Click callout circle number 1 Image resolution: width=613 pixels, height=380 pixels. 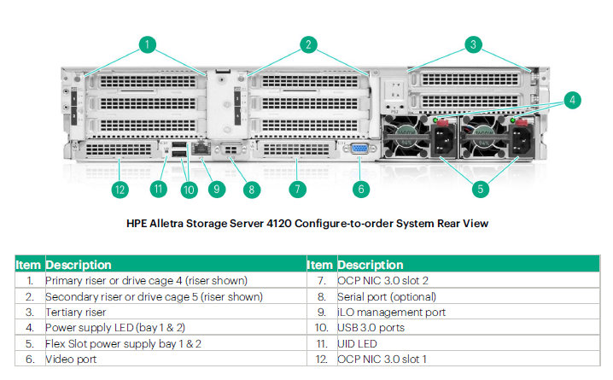148,44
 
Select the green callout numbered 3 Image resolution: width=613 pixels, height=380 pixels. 473,44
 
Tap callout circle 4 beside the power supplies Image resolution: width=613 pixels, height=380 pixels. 572,101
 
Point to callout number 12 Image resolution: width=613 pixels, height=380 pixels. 120,190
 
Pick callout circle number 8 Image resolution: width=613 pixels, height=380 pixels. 251,190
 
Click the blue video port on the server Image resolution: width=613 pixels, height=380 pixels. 359,149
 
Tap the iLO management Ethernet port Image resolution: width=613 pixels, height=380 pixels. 201,149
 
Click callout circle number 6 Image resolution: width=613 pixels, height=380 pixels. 361,190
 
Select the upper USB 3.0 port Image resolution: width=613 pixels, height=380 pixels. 178,145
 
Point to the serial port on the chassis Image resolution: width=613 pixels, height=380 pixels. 231,149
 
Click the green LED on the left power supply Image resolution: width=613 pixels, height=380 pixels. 435,120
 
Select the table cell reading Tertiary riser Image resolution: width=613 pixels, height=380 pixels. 75,313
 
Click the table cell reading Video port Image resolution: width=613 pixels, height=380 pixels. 71,360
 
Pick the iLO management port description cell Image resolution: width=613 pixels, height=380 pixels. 391,313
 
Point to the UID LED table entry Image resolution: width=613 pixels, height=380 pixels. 357,344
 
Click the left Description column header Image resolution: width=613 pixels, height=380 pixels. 79,265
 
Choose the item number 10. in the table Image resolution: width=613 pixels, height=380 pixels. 321,328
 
